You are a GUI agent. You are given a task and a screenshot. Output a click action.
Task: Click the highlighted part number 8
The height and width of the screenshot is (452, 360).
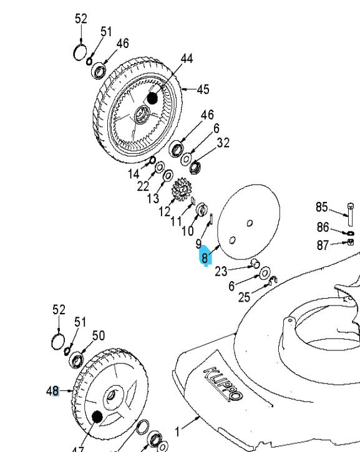205,257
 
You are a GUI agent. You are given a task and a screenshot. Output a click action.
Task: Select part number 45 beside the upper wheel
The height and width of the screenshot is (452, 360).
203,90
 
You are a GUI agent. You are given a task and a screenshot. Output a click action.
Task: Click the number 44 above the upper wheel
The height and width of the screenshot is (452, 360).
187,59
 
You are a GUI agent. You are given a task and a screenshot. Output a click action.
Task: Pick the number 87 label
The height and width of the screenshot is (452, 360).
322,246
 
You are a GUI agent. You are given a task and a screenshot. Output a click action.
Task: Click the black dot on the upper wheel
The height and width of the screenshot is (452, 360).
152,98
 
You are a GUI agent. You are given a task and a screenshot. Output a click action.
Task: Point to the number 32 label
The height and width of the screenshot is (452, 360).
223,143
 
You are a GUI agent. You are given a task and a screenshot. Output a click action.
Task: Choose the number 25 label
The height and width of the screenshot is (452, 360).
244,297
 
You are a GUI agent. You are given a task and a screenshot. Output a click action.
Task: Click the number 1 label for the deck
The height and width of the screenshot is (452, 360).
178,431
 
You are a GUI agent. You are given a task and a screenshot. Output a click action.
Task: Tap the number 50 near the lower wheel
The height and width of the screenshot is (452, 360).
99,336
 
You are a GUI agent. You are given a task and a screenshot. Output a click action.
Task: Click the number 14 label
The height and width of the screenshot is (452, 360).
134,174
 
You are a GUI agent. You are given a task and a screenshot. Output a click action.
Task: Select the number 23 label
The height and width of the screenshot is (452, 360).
221,271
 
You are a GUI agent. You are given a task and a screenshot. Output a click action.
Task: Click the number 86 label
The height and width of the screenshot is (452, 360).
322,228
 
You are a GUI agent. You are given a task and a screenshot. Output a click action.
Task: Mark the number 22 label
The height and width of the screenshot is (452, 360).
144,186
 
